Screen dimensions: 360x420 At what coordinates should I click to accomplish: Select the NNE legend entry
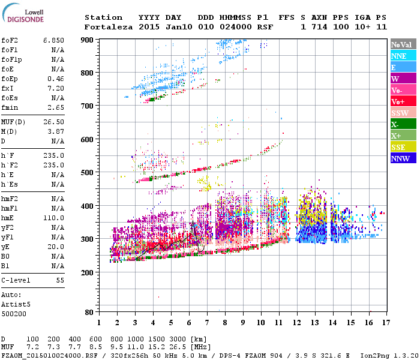[403, 56]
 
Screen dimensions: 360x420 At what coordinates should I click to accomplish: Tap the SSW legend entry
[403, 113]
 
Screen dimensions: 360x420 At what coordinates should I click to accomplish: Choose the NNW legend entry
[403, 159]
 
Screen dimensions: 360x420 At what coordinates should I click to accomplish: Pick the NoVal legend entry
[403, 44]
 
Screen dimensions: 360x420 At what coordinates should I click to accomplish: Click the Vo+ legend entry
[403, 102]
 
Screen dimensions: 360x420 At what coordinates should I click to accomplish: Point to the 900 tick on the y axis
[88, 40]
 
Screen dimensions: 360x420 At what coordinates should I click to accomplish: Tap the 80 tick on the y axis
[90, 312]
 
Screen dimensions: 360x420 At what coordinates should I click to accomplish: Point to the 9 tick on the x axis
[243, 323]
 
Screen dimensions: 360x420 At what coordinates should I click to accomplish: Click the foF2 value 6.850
[53, 40]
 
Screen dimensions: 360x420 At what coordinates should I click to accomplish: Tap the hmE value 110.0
[53, 218]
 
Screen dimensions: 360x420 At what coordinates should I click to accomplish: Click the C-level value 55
[60, 280]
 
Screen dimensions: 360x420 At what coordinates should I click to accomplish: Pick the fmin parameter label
[10, 107]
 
